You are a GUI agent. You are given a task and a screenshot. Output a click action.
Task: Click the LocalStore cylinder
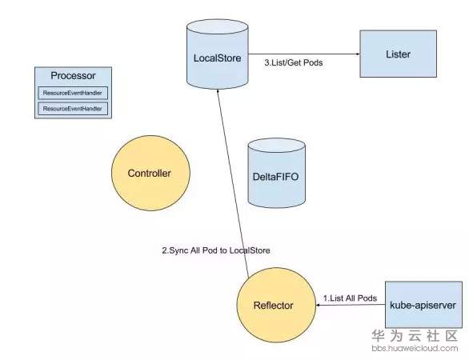pyautogui.click(x=218, y=54)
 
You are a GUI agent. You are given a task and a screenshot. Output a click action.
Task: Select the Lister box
pyautogui.click(x=398, y=54)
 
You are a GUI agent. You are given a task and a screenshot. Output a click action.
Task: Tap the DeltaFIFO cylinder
pyautogui.click(x=277, y=173)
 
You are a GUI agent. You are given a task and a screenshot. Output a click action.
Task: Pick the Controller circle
pyautogui.click(x=150, y=173)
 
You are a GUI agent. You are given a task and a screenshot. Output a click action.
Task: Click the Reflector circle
pyautogui.click(x=276, y=305)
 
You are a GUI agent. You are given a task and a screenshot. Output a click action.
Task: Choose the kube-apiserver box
pyautogui.click(x=423, y=305)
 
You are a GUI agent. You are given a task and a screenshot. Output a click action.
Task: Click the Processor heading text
pyautogui.click(x=73, y=76)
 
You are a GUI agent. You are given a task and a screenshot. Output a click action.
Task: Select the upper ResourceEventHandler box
pyautogui.click(x=73, y=93)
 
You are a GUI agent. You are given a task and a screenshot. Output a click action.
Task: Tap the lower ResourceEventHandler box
pyautogui.click(x=73, y=109)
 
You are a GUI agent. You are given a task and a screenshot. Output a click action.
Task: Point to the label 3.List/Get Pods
pyautogui.click(x=294, y=62)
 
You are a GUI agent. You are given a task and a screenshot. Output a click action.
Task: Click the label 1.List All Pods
pyautogui.click(x=350, y=298)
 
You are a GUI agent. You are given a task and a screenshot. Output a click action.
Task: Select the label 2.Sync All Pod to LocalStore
pyautogui.click(x=216, y=250)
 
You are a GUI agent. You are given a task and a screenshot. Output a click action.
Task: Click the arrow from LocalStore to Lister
pyautogui.click(x=304, y=54)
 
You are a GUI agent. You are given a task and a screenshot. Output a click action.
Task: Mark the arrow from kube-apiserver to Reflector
pyautogui.click(x=351, y=305)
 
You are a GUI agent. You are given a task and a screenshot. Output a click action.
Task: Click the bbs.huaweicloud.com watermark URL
pyautogui.click(x=415, y=348)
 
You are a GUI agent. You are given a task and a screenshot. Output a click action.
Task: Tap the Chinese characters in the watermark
pyautogui.click(x=415, y=336)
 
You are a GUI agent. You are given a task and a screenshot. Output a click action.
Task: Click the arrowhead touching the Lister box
pyautogui.click(x=358, y=54)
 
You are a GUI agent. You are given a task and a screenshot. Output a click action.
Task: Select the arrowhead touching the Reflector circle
pyautogui.click(x=319, y=305)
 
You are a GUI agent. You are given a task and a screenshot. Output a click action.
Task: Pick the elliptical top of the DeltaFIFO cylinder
pyautogui.click(x=277, y=146)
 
